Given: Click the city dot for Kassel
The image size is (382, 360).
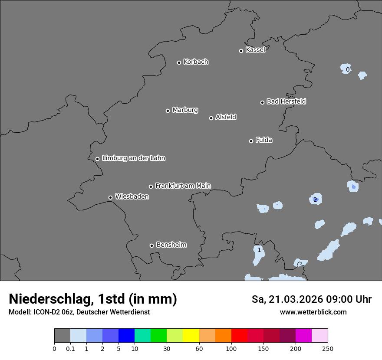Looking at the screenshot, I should [x=241, y=51].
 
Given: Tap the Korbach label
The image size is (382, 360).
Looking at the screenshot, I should [x=196, y=62].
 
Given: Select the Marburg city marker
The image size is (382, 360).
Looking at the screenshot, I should [x=168, y=111].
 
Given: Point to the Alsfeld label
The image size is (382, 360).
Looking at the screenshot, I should [x=226, y=117].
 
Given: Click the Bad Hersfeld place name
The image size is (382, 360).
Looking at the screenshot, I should [x=286, y=101].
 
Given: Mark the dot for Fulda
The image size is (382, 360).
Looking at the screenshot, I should [x=251, y=141].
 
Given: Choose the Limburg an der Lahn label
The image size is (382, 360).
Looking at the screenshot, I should [x=133, y=158].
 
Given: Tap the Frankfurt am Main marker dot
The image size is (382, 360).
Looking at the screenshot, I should [x=151, y=187].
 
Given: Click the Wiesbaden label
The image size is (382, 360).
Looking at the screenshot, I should [x=132, y=197].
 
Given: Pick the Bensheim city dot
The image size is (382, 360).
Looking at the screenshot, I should [x=151, y=245].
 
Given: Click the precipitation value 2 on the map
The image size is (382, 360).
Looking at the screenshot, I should [x=315, y=200].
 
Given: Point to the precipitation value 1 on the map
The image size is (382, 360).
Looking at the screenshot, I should [x=259, y=250].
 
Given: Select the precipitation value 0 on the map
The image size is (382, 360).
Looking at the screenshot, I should [x=348, y=69].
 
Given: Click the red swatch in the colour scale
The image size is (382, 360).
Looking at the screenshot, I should [x=239, y=336].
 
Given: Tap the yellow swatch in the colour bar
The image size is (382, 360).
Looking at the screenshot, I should [x=191, y=336].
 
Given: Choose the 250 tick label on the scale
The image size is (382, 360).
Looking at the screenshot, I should [x=328, y=349].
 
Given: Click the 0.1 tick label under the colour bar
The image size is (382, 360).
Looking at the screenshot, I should [x=70, y=349].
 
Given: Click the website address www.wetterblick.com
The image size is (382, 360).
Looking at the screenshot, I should [x=313, y=312].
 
